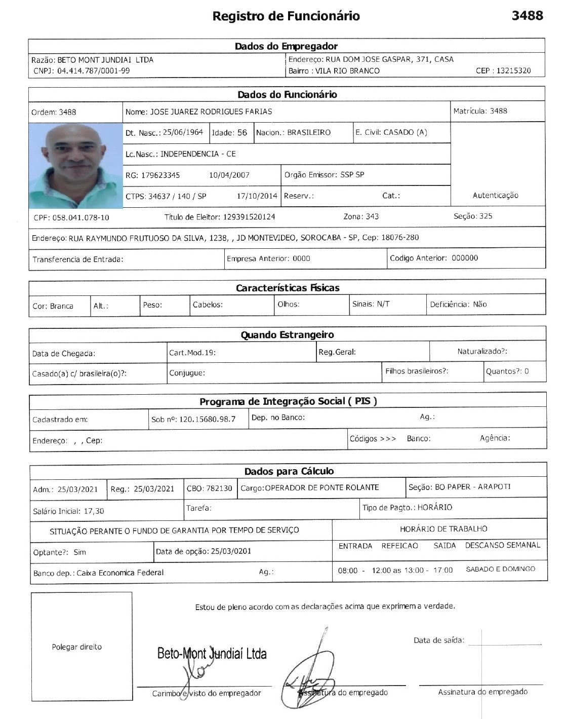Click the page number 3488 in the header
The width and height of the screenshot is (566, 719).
[x=527, y=15]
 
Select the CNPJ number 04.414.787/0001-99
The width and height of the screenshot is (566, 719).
[x=93, y=71]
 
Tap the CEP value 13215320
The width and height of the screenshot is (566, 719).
[x=513, y=71]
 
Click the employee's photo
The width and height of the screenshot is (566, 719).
[x=75, y=165]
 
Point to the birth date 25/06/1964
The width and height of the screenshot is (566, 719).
[x=183, y=132]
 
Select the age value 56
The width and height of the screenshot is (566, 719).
[x=242, y=133]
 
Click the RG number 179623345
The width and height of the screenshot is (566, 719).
[x=160, y=175]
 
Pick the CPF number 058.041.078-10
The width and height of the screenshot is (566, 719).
[x=80, y=218]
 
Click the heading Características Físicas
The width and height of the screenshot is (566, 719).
[x=287, y=288]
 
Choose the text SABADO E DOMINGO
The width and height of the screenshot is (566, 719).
[x=500, y=570]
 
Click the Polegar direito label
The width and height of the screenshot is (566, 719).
[x=76, y=647]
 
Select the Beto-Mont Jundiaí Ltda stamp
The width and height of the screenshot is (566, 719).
[x=212, y=654]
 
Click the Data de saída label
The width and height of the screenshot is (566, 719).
[x=438, y=640]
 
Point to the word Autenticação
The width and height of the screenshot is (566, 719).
[x=495, y=196]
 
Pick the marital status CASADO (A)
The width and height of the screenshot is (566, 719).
[x=405, y=132]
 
